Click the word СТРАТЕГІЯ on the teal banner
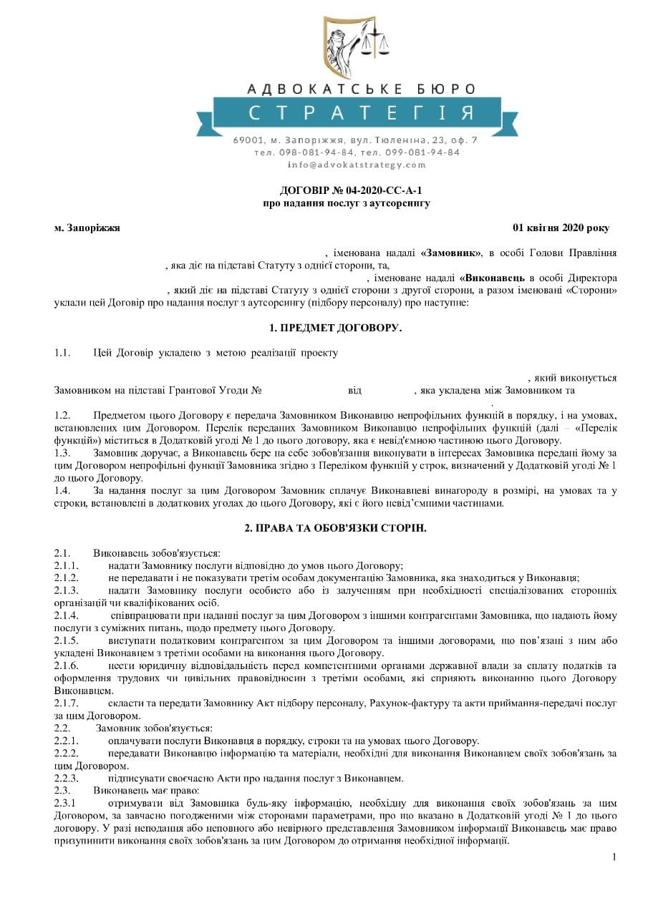pos(362,112)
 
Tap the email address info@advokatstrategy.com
pos(357,165)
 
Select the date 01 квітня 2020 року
pos(561,228)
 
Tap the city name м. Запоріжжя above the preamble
pos(87,228)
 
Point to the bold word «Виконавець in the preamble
pos(496,278)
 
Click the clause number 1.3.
pos(62,453)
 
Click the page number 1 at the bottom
pos(614,857)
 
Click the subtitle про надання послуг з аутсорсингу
pos(347,203)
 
